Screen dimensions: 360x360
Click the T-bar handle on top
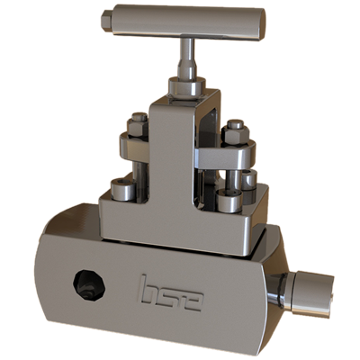[x=184, y=19]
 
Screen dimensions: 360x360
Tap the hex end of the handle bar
[x=107, y=19]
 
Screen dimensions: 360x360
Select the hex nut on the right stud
[x=236, y=130]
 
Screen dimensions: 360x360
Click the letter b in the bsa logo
[x=149, y=290]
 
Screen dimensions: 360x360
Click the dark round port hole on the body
[x=88, y=283]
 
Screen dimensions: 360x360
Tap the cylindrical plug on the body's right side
[x=310, y=291]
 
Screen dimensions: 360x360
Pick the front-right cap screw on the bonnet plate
[x=225, y=200]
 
